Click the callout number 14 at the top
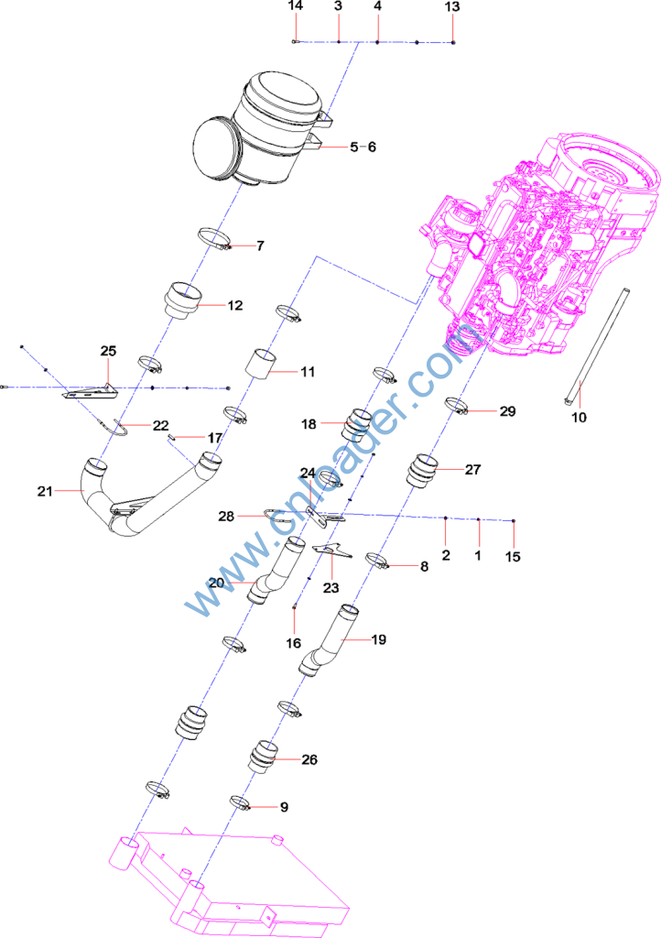pos(295,6)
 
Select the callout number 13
pos(453,6)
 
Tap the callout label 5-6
pos(363,147)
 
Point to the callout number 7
pos(260,245)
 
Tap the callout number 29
pos(507,411)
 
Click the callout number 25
pos(108,351)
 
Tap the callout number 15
pos(513,556)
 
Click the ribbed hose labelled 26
pos(262,758)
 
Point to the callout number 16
pos(293,643)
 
